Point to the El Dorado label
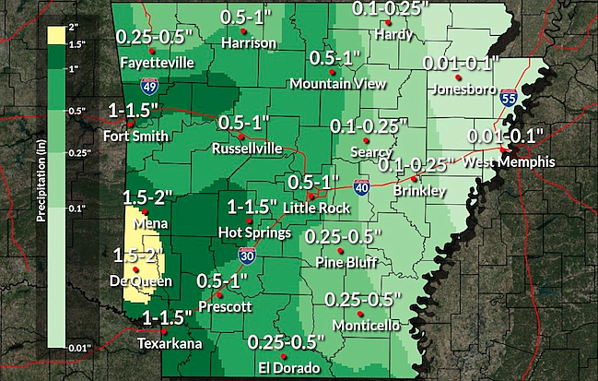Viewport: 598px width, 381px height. pyautogui.click(x=288, y=367)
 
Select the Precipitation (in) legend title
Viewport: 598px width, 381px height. pyautogui.click(x=40, y=185)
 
